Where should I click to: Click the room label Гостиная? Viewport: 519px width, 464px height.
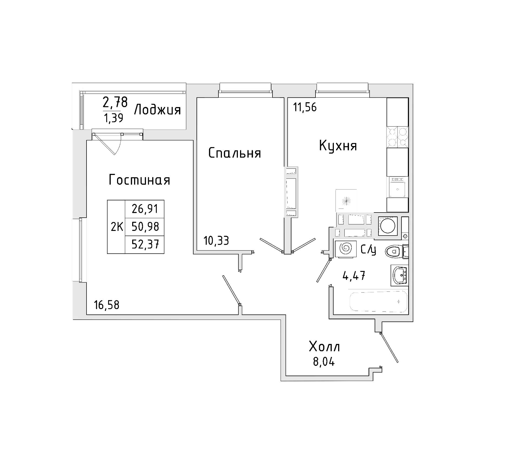(139, 180)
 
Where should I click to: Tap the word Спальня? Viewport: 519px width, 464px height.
(235, 153)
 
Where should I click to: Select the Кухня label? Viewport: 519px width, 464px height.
(338, 146)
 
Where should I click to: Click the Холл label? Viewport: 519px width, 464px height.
(324, 347)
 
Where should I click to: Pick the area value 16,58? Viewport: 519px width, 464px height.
(107, 305)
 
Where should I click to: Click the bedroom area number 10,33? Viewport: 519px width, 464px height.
(216, 240)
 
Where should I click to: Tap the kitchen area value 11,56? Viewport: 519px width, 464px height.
(305, 108)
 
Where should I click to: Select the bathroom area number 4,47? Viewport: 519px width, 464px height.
(354, 276)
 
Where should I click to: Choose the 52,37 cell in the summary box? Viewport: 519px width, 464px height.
(145, 245)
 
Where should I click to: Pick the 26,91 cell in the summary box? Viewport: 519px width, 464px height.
(145, 209)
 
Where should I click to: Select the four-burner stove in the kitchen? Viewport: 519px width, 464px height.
(397, 137)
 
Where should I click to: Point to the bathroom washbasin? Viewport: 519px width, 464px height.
(400, 275)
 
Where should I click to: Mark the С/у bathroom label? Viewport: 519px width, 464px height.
(368, 250)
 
